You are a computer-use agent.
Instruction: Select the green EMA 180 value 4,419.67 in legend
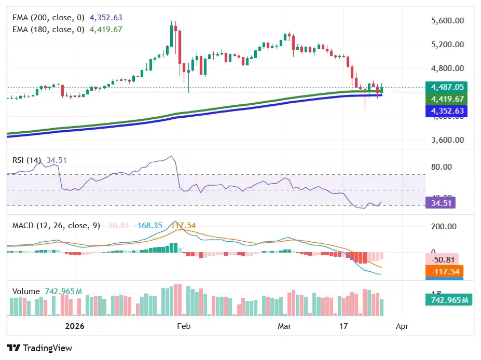pos(106,30)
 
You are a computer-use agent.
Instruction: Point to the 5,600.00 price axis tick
pos(447,21)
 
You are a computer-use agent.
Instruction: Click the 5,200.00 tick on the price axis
pos(447,44)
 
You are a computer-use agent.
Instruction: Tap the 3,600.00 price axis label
pos(447,140)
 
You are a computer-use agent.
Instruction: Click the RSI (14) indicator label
pos(26,160)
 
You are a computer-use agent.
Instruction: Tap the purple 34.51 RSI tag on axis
pos(439,203)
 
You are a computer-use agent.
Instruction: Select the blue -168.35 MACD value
pos(148,226)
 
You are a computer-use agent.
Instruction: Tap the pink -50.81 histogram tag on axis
pos(443,259)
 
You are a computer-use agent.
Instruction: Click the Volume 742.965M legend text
pos(47,292)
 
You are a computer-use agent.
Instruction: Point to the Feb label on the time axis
pos(184,327)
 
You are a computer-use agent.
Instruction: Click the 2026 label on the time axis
pos(75,327)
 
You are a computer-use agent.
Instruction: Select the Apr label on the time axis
pos(402,327)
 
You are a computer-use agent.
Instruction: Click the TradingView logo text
pos(39,348)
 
